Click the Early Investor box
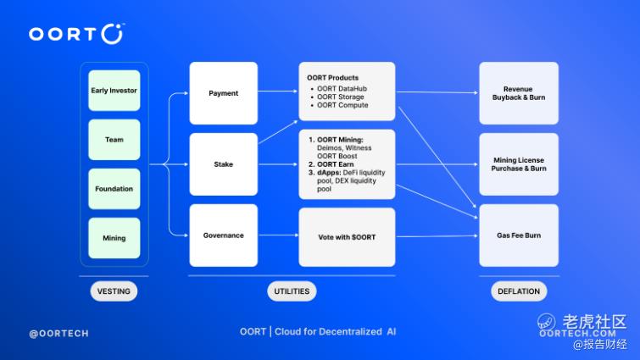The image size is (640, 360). (114, 91)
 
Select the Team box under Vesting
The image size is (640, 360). (114, 140)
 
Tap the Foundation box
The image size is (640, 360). (114, 189)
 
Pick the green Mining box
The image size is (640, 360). (114, 238)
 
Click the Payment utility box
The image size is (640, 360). (223, 93)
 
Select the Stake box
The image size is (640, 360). (223, 164)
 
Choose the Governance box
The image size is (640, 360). (223, 235)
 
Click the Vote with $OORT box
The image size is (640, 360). (347, 237)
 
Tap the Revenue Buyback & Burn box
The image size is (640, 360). (519, 93)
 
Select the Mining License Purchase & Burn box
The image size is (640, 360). (519, 164)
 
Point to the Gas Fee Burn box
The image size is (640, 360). (519, 235)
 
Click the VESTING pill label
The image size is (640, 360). (114, 291)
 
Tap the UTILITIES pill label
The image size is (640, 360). (292, 291)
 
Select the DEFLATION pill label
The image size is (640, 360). (519, 291)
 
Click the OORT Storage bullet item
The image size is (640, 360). (341, 97)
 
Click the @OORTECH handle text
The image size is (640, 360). (58, 334)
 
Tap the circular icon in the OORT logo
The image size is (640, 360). (112, 33)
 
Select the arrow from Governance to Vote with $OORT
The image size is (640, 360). (278, 235)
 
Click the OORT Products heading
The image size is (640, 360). (332, 77)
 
